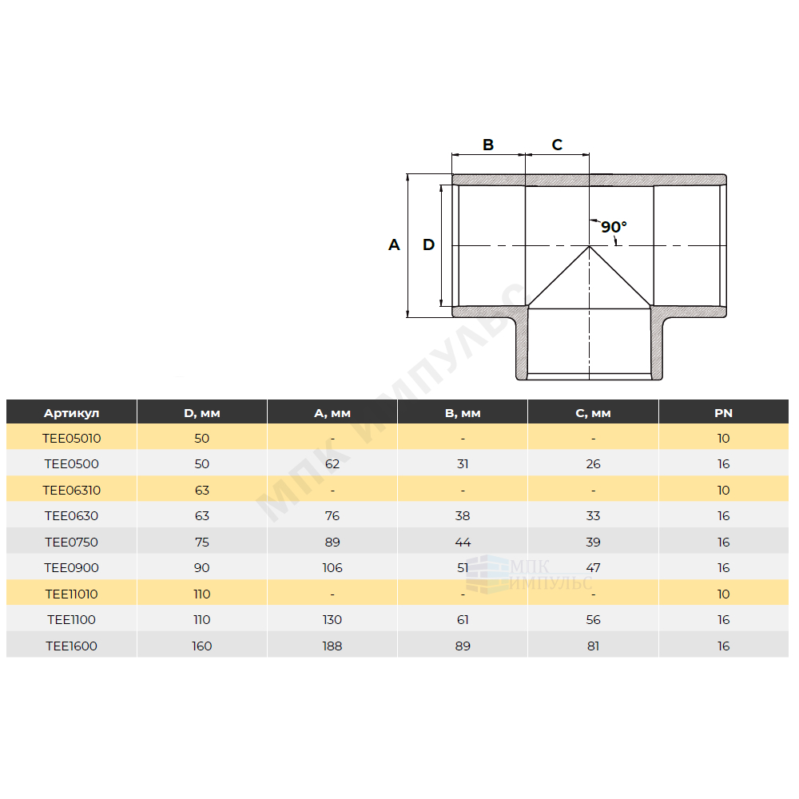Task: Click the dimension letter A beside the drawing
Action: (x=394, y=245)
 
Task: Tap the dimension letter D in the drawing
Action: (x=428, y=245)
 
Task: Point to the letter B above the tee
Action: (x=488, y=145)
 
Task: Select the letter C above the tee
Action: (x=557, y=145)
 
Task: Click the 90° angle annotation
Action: (x=614, y=227)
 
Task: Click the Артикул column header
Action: (x=71, y=413)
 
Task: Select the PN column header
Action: (x=724, y=413)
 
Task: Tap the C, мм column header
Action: (x=593, y=413)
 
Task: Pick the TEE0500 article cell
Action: (x=71, y=464)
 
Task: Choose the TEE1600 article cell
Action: (x=71, y=646)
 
